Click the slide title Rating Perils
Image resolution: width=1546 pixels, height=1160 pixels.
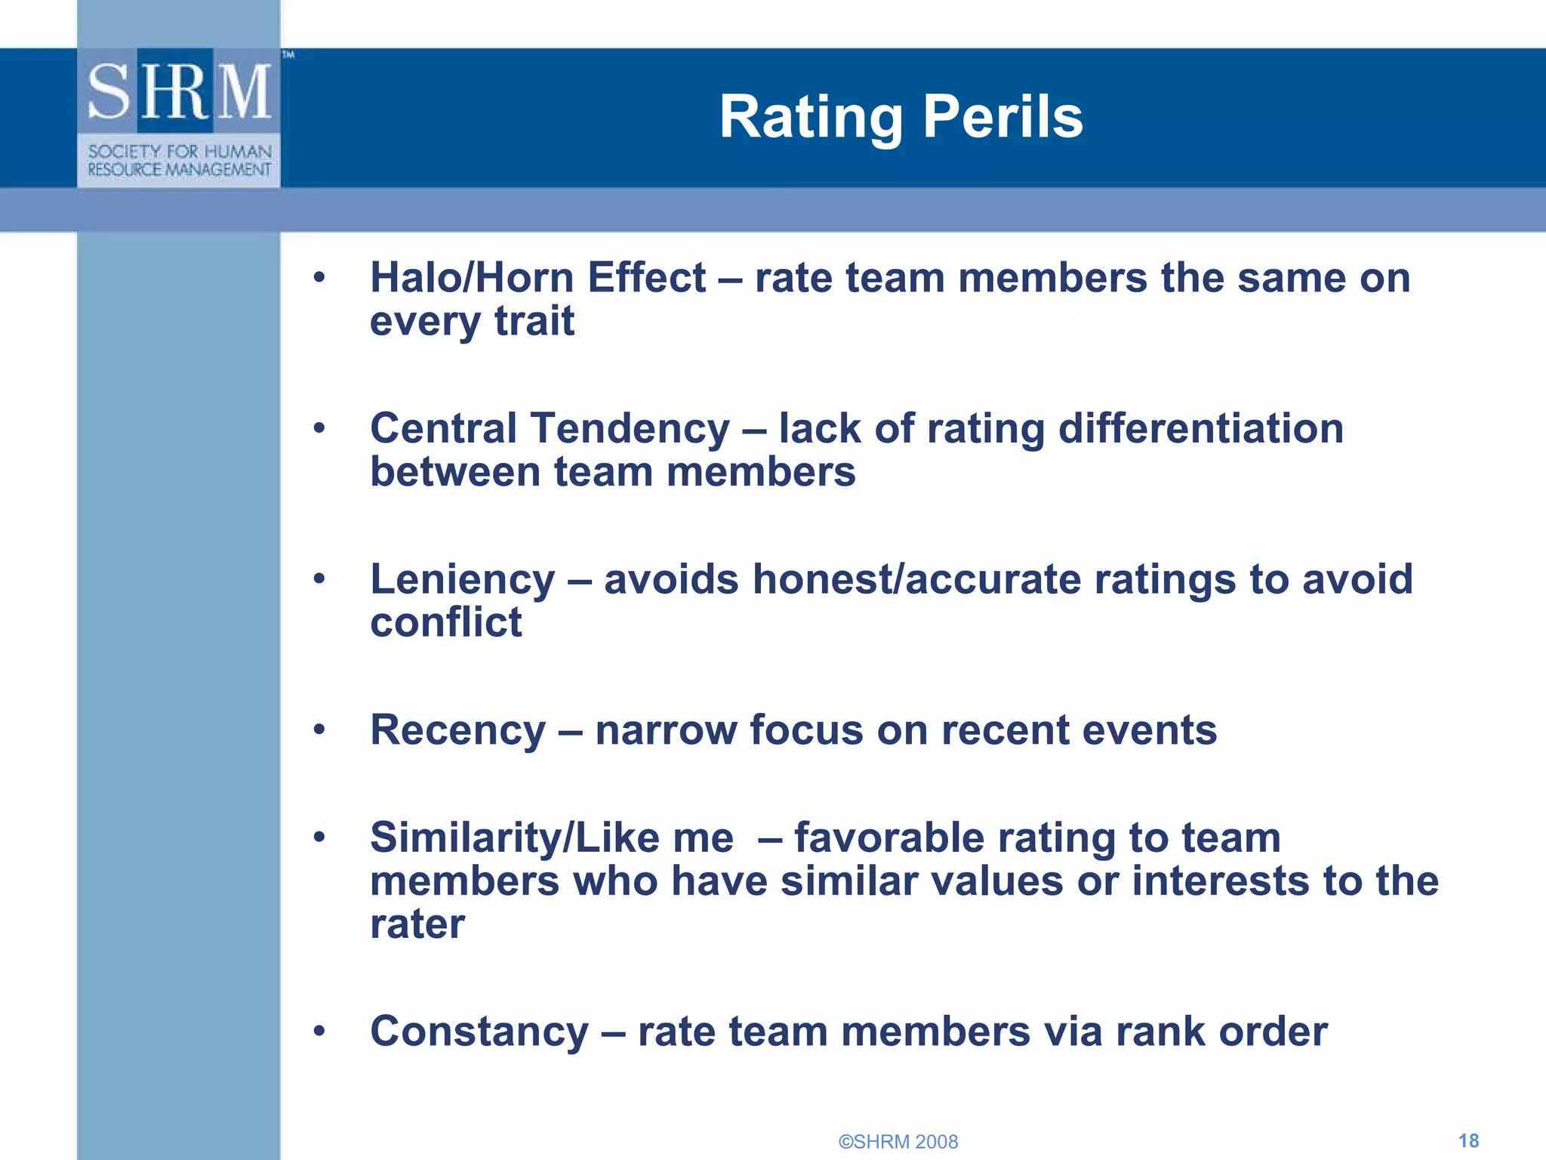pos(901,117)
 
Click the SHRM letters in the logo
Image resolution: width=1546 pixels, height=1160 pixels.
pos(179,91)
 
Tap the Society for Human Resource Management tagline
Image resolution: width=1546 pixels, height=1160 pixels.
pos(179,160)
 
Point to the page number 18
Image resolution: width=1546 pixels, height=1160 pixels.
pos(1468,1140)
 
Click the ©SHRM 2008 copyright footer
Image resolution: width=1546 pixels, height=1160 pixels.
pos(898,1141)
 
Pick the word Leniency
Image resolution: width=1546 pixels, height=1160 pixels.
pos(462,579)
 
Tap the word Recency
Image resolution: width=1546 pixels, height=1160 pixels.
pos(457,730)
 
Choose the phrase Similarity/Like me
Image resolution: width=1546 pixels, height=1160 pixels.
pos(551,838)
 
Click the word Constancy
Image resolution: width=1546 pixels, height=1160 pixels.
pos(479,1032)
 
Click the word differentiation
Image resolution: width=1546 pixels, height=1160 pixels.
pos(1200,428)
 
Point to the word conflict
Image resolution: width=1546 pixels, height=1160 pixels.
pos(445,622)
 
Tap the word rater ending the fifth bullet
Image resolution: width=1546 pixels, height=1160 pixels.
pos(417,924)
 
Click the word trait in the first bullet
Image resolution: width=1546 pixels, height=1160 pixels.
pos(534,321)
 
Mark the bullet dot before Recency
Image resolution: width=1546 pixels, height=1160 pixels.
pos(319,730)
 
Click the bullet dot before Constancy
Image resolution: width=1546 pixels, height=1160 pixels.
pos(319,1031)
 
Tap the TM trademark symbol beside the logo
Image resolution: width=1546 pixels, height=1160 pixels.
pos(288,54)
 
